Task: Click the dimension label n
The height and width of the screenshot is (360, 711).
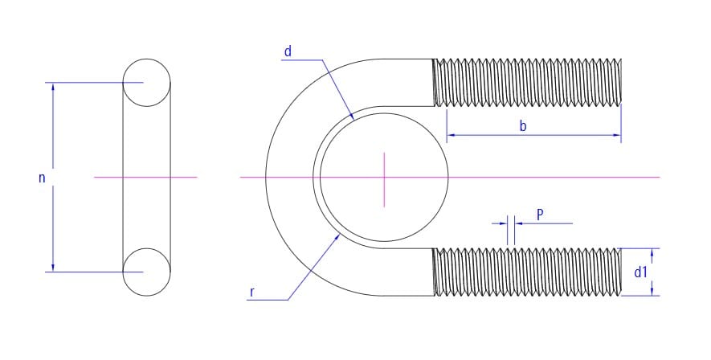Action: pos(42,178)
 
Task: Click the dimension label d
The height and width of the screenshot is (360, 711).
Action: pos(288,51)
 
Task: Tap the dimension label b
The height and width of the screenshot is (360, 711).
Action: pos(523,125)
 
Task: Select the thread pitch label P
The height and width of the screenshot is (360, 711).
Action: pos(540,215)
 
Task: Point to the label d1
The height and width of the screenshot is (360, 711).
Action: pos(640,272)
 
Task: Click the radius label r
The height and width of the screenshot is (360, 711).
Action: pos(252,292)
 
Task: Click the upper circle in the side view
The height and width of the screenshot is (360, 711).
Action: pos(146,83)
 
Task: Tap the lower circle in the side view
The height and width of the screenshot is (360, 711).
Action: pos(146,272)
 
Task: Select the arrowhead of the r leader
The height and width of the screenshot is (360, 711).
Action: pos(337,236)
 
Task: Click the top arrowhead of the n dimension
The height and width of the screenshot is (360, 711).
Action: pos(53,87)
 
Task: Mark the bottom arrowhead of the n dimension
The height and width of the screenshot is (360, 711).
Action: pos(53,268)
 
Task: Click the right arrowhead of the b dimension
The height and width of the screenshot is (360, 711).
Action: pos(617,135)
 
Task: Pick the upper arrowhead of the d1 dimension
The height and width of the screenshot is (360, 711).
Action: pos(652,252)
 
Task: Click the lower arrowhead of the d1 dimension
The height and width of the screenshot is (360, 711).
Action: pos(652,291)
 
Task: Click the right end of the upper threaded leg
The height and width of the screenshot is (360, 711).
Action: pos(620,83)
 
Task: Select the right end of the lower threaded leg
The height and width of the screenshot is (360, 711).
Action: pos(620,272)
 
